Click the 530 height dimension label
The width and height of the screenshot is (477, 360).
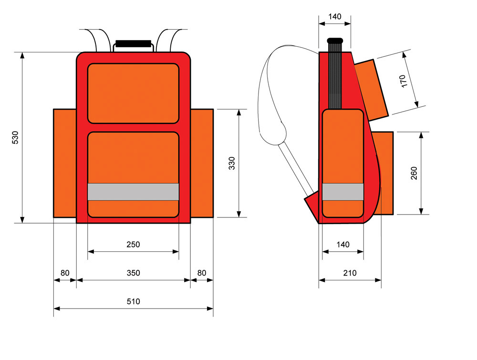pos(15,137)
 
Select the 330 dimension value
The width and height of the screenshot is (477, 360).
pos(232,163)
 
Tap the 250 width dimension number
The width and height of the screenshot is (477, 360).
pos(133,245)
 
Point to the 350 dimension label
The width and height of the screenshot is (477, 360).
pos(133,273)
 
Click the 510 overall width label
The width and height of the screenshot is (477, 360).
pos(133,302)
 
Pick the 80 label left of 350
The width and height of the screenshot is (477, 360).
pos(65,273)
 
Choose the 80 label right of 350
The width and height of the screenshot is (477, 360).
pos(202,273)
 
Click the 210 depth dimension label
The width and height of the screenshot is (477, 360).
pos(350,273)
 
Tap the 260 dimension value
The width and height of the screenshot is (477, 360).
pos(414,173)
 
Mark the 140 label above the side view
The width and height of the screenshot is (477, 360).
pos(335,17)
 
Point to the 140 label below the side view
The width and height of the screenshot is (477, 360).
pos(342,245)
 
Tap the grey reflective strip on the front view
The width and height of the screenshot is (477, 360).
pos(133,192)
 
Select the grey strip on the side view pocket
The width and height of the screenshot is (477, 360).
pos(343,192)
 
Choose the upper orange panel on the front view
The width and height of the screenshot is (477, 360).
pos(133,93)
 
